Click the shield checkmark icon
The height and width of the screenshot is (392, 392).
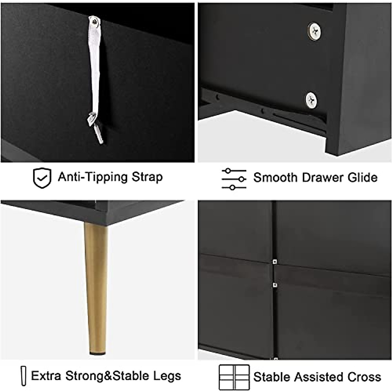coord(42,178)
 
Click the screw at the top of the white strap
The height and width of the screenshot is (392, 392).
coord(95,21)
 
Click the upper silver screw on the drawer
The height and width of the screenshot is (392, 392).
coord(315,32)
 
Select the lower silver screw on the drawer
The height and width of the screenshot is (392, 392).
coord(311,100)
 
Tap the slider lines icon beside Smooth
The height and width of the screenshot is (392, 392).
coord(234,179)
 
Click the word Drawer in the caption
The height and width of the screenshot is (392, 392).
coord(321,177)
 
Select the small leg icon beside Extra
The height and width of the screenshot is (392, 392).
coord(23,376)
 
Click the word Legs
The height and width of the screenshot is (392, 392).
coord(169,376)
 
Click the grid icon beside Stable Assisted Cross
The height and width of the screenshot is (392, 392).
coord(234,377)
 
